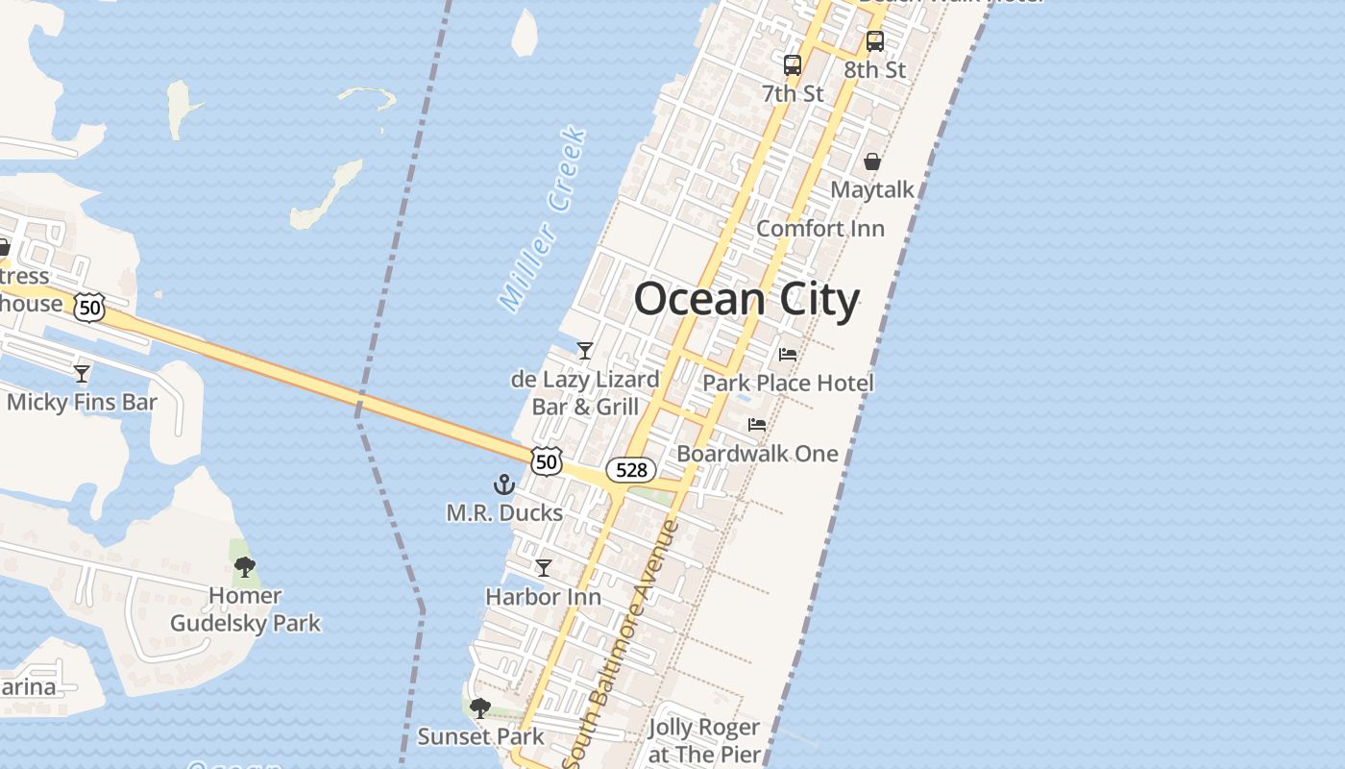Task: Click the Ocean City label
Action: click(746, 299)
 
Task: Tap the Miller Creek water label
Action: click(543, 219)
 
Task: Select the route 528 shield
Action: click(631, 470)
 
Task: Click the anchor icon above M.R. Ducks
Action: click(504, 484)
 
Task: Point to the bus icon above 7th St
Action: click(792, 65)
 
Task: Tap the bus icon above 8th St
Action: click(874, 41)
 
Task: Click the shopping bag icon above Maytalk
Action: click(872, 161)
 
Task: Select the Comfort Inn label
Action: click(819, 229)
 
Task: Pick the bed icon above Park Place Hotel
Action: click(788, 355)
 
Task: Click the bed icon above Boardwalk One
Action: click(757, 425)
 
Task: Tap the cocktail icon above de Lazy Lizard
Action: click(584, 350)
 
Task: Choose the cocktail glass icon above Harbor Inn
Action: click(543, 568)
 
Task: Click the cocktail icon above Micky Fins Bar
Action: click(82, 373)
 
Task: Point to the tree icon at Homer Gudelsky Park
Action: click(245, 566)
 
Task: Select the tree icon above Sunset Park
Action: click(480, 708)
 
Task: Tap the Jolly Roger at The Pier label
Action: click(704, 741)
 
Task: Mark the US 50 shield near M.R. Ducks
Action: click(546, 461)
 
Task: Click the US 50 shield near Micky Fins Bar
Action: click(89, 308)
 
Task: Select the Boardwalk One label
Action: click(757, 454)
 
